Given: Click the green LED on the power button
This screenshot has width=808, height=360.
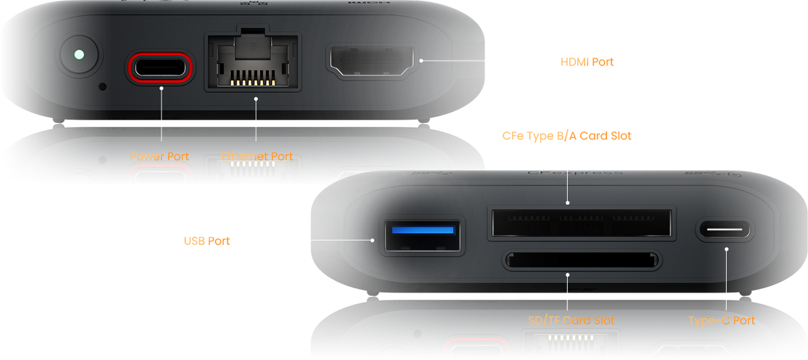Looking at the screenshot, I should click(x=78, y=55).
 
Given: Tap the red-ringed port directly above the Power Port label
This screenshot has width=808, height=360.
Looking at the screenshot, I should click(x=160, y=67).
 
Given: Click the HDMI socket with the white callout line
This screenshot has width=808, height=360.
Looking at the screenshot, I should click(x=371, y=62).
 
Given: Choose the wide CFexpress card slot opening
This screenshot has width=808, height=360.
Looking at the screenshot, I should click(x=580, y=224).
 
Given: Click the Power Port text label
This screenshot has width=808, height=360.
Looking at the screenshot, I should click(x=160, y=156).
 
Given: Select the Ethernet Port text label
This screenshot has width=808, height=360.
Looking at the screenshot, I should click(x=257, y=156).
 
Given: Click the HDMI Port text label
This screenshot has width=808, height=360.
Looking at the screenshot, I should click(x=587, y=62).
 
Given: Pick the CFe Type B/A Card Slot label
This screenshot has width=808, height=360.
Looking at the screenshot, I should click(x=567, y=136).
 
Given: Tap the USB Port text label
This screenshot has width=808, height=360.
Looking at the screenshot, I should click(x=207, y=241).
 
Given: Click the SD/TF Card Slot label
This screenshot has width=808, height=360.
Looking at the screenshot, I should click(x=571, y=321).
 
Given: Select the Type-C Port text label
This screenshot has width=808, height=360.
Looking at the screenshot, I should click(x=721, y=321).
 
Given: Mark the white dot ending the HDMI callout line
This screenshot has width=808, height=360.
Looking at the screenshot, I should click(x=421, y=61).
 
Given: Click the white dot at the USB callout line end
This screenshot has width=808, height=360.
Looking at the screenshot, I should click(x=373, y=240).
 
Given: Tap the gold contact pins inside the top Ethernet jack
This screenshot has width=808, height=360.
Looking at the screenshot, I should click(x=252, y=78).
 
